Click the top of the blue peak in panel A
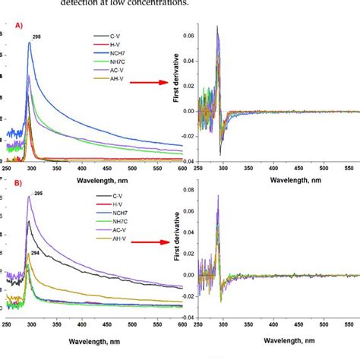tap(29, 43)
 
